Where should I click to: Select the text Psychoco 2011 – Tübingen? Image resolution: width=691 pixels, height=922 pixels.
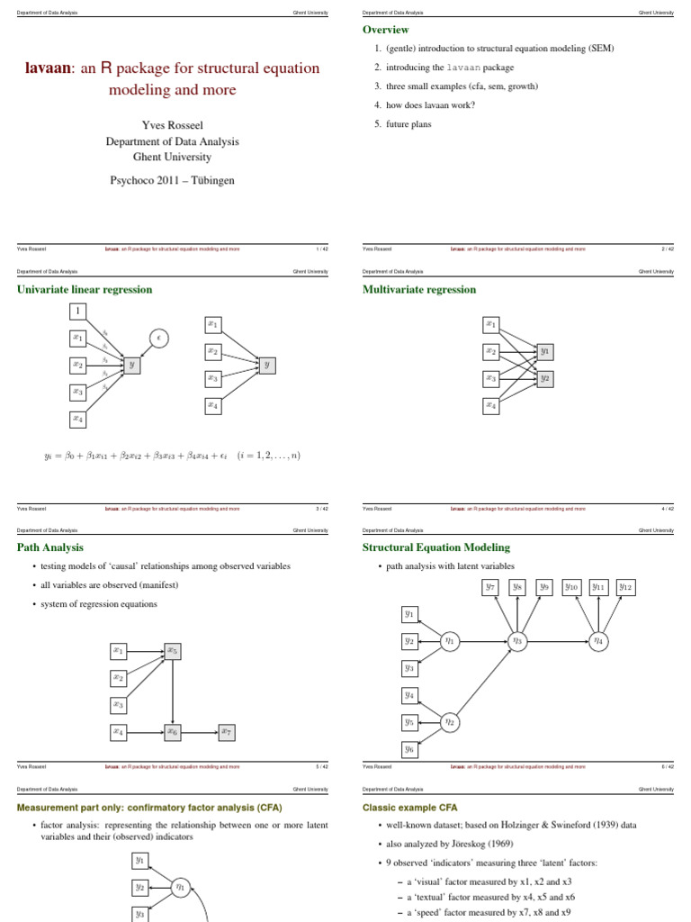point(172,180)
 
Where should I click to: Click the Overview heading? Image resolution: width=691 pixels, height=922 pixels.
point(386,31)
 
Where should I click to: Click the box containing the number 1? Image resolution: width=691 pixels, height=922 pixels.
point(78,311)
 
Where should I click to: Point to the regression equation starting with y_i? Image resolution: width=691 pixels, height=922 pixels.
point(172,456)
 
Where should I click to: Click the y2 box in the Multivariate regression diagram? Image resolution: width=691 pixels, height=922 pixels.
point(544,379)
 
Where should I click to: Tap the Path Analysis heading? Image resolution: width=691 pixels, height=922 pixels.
point(50,547)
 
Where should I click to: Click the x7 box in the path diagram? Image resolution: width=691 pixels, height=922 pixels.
point(227,733)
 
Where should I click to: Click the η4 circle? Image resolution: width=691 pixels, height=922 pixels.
point(597,641)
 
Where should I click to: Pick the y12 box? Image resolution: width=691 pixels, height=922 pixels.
point(626,587)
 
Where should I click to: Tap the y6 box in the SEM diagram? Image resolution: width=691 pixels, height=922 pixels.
point(409,748)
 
